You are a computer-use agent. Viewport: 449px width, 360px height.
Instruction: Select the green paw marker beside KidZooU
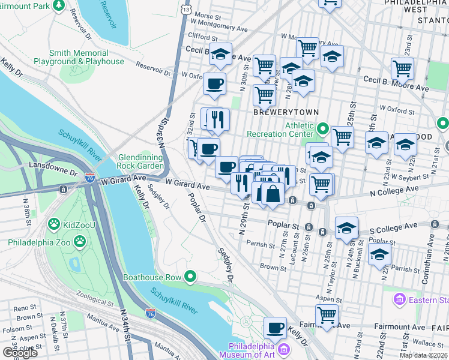(x=54, y=224)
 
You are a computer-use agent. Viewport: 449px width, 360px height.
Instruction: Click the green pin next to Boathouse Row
(x=191, y=277)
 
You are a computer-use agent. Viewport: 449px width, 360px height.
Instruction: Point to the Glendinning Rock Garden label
(x=139, y=161)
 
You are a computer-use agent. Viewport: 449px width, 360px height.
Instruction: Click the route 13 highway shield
(x=187, y=10)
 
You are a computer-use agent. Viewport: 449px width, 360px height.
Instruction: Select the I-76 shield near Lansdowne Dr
(x=89, y=178)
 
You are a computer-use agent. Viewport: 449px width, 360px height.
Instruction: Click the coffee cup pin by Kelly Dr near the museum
(x=276, y=328)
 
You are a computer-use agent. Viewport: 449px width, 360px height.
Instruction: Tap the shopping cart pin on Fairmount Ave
(x=327, y=314)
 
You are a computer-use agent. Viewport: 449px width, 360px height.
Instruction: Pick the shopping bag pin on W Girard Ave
(x=273, y=193)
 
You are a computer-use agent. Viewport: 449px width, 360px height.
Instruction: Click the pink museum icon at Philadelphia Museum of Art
(x=285, y=349)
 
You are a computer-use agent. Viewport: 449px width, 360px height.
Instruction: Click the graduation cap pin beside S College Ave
(x=347, y=227)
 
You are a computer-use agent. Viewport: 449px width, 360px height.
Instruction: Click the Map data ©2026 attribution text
(x=423, y=355)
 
